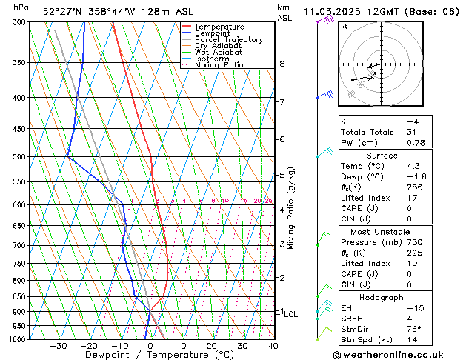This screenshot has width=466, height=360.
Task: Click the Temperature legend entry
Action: pos(219,27)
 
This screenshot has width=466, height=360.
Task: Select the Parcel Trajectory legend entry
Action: pos(228,39)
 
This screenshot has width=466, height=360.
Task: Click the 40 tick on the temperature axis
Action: pos(273,346)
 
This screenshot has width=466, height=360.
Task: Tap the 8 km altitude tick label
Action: pos(282,64)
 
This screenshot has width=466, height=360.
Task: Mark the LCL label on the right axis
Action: pos(291,314)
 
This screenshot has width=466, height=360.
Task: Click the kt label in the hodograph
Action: pos(344,26)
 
